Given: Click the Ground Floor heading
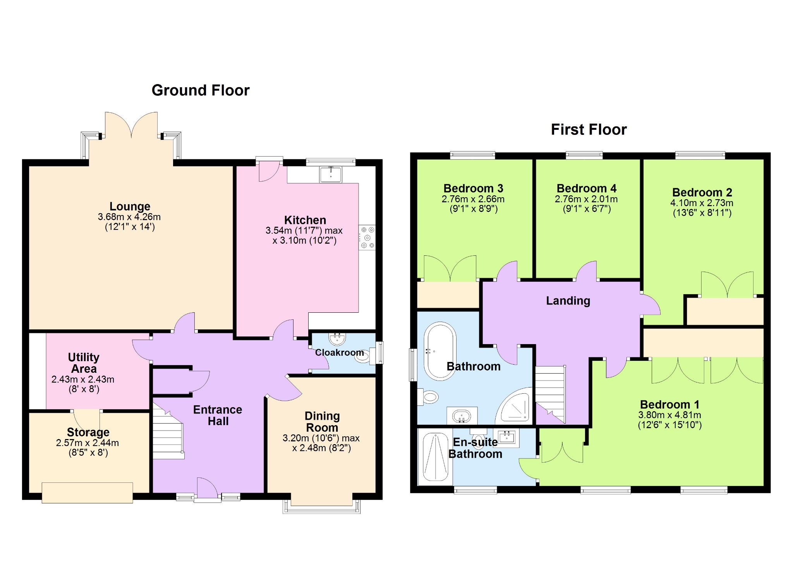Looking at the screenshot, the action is [x=201, y=90].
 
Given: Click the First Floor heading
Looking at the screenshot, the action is [x=589, y=129].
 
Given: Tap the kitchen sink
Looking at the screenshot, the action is [x=331, y=174].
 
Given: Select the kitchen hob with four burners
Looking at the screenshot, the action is [x=367, y=238].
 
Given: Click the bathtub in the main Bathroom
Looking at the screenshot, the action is [x=440, y=351].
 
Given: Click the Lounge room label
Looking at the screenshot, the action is [x=130, y=206].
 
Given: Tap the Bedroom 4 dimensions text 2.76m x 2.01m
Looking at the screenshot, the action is [x=586, y=199].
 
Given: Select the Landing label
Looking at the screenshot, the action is [x=568, y=301].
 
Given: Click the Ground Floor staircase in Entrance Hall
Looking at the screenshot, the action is [x=168, y=431].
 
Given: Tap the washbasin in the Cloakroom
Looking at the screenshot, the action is [x=337, y=339].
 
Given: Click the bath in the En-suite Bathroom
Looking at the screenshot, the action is [x=436, y=457].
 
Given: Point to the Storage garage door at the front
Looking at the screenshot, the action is [x=87, y=493].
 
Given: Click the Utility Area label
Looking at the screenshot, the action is [x=84, y=363].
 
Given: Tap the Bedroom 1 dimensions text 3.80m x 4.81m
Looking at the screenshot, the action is [x=669, y=415].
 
